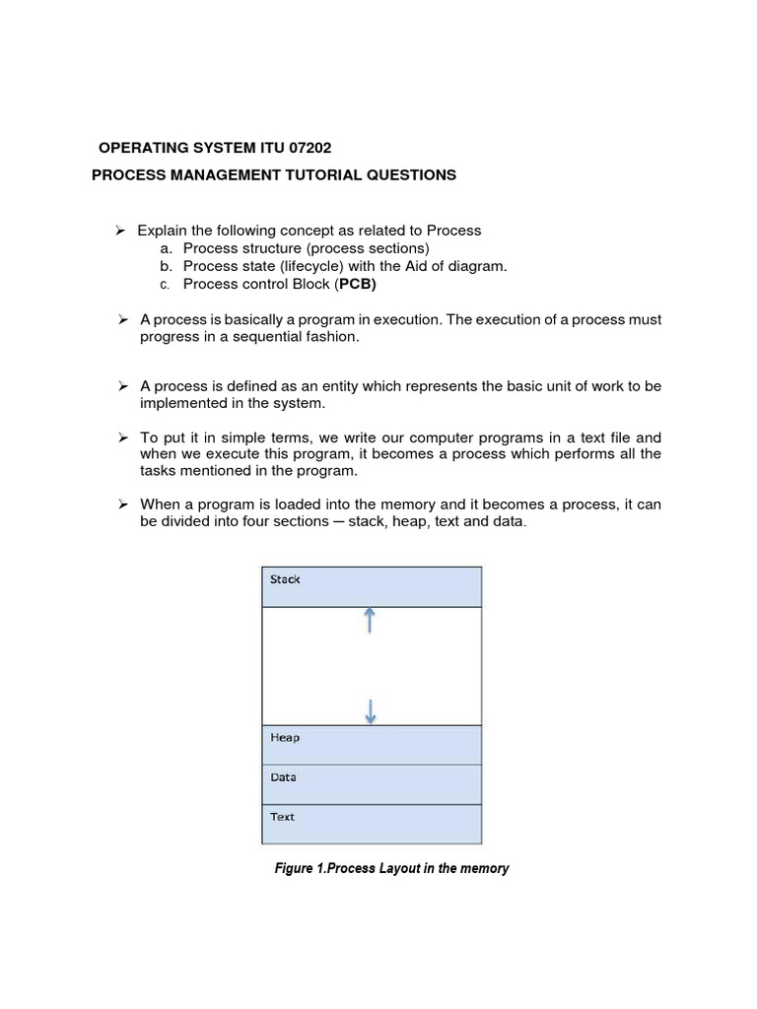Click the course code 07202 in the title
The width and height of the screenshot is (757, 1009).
(x=304, y=148)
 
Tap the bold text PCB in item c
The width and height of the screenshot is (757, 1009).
(x=358, y=285)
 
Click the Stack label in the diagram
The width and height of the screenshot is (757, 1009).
(x=285, y=579)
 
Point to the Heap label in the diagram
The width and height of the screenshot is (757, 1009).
(x=285, y=737)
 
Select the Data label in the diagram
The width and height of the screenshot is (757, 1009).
(x=283, y=776)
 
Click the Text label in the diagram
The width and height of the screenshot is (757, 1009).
(x=282, y=816)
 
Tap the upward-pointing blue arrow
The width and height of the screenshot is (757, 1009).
(x=370, y=620)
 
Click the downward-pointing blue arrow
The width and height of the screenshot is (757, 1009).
(x=370, y=710)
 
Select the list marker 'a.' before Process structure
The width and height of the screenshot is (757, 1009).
(x=167, y=248)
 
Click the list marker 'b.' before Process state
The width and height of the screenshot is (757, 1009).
(x=167, y=266)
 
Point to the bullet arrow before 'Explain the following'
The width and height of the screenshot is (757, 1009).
(x=122, y=230)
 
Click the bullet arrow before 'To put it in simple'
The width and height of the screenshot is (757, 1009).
(x=122, y=437)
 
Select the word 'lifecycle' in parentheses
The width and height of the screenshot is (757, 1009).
(x=311, y=266)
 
